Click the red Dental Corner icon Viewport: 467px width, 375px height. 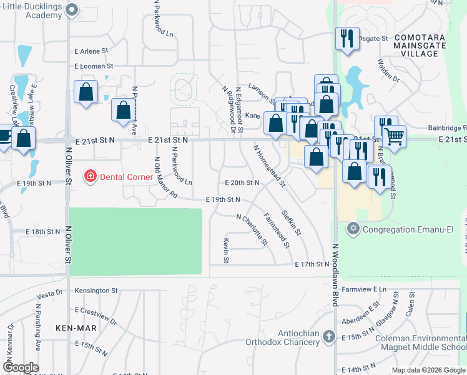point(91,177)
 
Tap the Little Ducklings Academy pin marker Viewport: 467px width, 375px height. point(72,9)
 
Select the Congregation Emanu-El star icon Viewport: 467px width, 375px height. point(353,229)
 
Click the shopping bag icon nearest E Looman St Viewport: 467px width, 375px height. point(86,92)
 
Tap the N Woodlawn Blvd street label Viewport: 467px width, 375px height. point(335,274)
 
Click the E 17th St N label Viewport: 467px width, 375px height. point(312,265)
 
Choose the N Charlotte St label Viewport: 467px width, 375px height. point(252,229)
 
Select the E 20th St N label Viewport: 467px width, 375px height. point(242,182)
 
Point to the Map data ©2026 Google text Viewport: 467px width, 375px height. point(428,369)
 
